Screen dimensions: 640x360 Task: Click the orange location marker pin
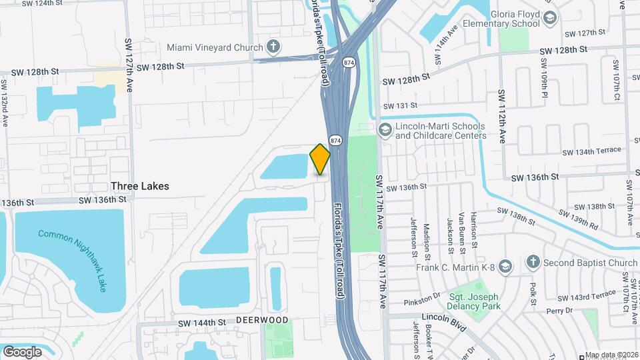[x=320, y=159]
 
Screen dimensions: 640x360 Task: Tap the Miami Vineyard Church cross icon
[x=272, y=47]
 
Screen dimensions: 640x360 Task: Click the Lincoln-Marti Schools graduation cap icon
[x=384, y=129]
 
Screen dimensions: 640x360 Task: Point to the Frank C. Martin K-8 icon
[x=505, y=267]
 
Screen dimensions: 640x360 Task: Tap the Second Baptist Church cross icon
[x=532, y=262]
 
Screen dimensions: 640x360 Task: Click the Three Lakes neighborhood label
[x=140, y=186]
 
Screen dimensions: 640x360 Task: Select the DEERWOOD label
[x=262, y=321]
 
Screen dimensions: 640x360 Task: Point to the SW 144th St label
[x=203, y=323]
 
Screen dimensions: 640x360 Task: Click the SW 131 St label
[x=400, y=105]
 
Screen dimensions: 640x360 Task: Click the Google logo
[x=22, y=351]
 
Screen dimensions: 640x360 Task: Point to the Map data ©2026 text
[x=611, y=355]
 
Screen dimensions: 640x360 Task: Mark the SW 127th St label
[x=585, y=33]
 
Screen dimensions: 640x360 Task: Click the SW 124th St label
[x=47, y=3]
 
